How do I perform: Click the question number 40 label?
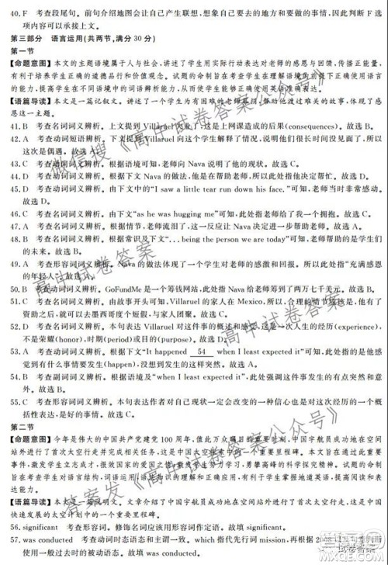9,12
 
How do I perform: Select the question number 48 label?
9,243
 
